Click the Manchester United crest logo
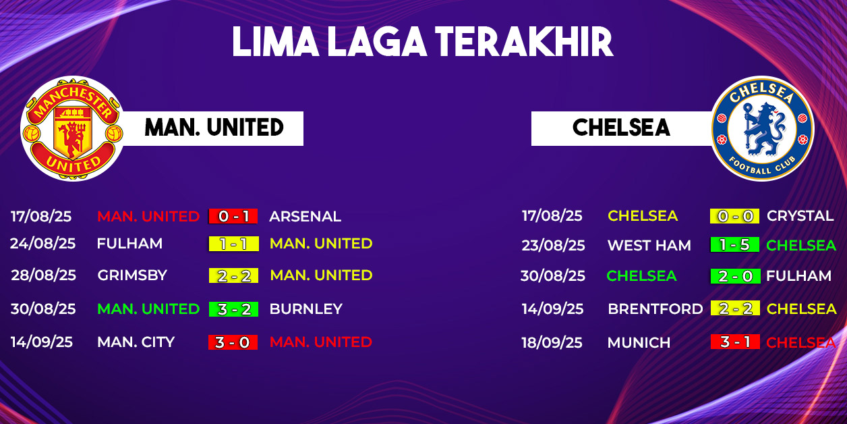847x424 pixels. [72, 129]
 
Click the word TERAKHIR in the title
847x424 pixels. [525, 42]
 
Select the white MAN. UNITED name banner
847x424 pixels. [214, 128]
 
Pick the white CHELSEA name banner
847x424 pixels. [622, 128]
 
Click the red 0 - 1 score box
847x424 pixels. [233, 216]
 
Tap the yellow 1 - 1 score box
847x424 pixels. [234, 244]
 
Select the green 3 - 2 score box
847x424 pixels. [234, 309]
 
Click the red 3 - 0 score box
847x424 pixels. [233, 342]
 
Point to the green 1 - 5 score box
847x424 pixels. [734, 244]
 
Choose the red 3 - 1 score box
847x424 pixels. [735, 342]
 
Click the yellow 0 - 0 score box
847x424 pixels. [734, 216]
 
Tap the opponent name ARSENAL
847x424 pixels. [305, 217]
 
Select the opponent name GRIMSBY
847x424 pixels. [132, 275]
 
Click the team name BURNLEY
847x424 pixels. [306, 309]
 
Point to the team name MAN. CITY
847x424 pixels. [136, 342]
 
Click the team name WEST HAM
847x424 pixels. [649, 245]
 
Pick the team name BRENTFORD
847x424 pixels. [655, 309]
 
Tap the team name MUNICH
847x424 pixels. [639, 342]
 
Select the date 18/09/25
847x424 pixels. [552, 342]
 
